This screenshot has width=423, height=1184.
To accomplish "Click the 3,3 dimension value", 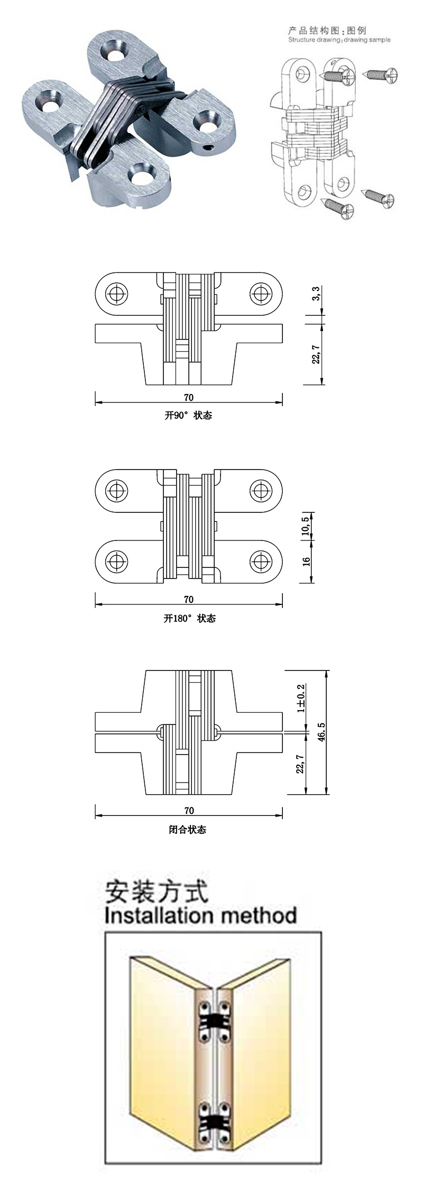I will click(x=316, y=293).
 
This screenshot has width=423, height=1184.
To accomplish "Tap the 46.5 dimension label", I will click(x=322, y=732).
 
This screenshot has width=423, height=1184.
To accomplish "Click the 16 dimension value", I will click(x=306, y=562).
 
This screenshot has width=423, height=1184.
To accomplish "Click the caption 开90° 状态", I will click(x=188, y=416).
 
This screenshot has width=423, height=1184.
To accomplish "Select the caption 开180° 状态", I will click(x=189, y=618).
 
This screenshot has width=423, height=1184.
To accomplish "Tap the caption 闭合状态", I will click(x=188, y=829).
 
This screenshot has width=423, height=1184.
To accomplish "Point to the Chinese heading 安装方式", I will click(x=157, y=892).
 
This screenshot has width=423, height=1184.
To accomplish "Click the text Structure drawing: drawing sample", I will click(x=339, y=40).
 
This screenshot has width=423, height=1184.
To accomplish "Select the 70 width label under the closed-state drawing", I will click(x=189, y=811).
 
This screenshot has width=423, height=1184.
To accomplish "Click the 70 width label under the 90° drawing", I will click(x=189, y=398).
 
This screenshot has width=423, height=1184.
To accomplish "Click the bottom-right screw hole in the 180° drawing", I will click(x=260, y=561).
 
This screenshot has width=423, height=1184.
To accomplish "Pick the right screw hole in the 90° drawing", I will click(x=260, y=293).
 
